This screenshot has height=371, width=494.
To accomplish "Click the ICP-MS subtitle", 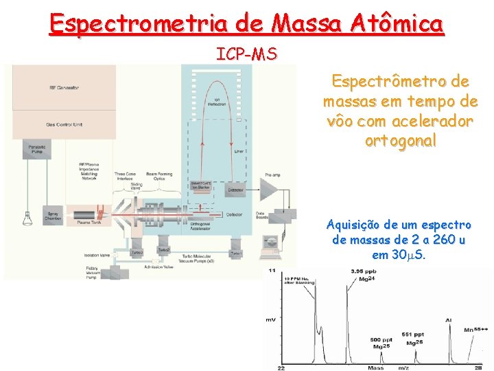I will click(x=247, y=54).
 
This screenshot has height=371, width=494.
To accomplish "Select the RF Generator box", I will click(x=64, y=88).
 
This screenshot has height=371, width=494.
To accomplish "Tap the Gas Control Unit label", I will click(x=64, y=124).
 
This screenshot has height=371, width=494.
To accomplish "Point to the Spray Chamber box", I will click(x=53, y=215).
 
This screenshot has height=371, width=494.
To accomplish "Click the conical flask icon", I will click(x=27, y=218).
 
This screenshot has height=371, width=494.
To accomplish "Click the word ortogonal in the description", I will click(x=401, y=141).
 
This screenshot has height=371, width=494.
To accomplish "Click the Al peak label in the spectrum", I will click(x=448, y=320).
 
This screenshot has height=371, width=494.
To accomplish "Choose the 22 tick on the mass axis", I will click(x=282, y=368).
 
